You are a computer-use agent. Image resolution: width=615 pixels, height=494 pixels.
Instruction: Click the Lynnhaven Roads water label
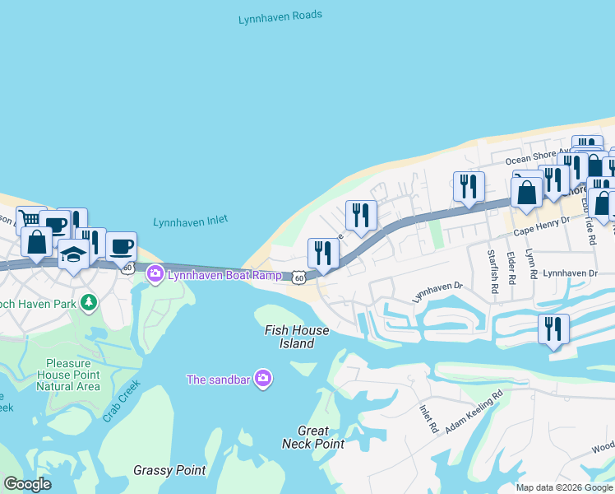280,16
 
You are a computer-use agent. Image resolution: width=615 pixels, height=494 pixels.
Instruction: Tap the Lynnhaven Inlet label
190,221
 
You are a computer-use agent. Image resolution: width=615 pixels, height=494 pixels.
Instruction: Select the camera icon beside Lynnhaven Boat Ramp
155,273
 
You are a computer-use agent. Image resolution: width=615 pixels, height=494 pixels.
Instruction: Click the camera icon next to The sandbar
263,379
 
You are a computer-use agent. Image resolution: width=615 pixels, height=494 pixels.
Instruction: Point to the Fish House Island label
296,337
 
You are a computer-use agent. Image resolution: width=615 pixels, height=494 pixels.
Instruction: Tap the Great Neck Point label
312,436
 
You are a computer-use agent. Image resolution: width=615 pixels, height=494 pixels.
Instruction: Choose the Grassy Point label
169,471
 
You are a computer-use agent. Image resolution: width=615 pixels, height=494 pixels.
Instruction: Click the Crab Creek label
122,401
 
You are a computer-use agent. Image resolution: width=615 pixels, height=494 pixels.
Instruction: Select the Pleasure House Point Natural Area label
73,375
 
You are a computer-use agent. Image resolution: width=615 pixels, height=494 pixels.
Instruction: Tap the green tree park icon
90,303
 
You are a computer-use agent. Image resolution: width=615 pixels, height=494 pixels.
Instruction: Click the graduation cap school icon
73,254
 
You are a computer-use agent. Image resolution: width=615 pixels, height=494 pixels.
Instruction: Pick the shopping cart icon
30,219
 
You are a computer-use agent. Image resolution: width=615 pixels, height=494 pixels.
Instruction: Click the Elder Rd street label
511,268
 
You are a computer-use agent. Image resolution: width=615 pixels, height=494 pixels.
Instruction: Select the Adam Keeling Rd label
474,414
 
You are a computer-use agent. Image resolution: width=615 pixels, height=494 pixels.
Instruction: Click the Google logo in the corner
27,484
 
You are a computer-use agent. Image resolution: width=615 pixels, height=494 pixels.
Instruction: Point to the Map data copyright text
563,487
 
